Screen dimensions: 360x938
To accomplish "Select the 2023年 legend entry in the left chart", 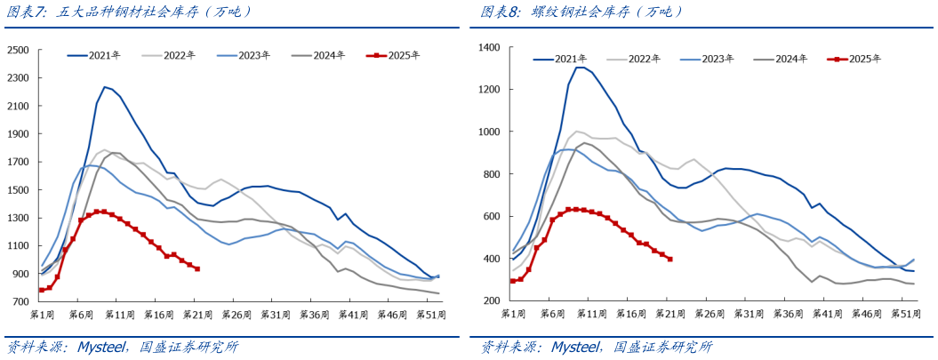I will click(x=253, y=55).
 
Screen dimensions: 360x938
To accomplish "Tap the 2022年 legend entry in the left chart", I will click(x=179, y=55).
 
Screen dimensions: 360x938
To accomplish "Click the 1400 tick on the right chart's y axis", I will click(x=490, y=47).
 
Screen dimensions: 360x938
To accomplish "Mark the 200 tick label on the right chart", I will click(x=493, y=300).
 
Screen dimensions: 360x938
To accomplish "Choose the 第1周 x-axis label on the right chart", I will click(x=513, y=314).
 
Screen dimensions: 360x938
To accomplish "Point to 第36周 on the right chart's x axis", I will click(x=789, y=314).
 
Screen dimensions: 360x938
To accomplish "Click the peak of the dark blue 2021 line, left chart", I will click(x=105, y=86).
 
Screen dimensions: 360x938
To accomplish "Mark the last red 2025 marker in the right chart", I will click(x=669, y=259).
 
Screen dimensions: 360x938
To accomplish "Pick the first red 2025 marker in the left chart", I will click(x=41, y=290).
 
